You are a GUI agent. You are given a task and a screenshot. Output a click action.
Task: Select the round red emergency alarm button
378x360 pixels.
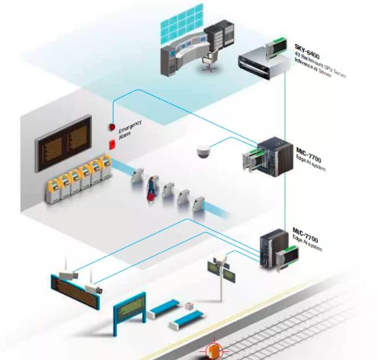pos(112,128)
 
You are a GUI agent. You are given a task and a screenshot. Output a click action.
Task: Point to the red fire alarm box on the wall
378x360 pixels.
pos(112,144)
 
